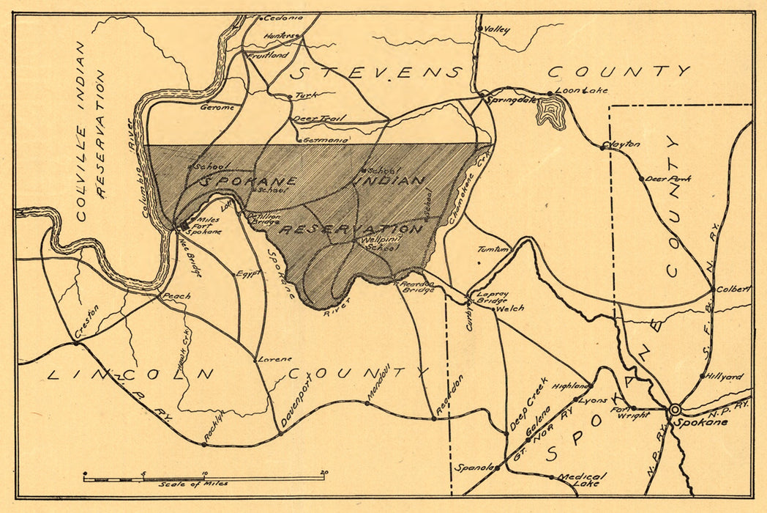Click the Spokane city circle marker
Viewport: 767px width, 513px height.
tap(675, 409)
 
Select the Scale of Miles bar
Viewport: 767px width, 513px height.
tap(204, 478)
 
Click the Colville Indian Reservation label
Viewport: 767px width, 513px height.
tap(91, 132)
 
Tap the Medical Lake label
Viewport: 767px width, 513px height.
tap(578, 479)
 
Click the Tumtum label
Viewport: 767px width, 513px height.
tap(493, 249)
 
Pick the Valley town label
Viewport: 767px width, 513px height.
tap(498, 30)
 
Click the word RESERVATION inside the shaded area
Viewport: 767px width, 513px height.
tap(352, 229)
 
